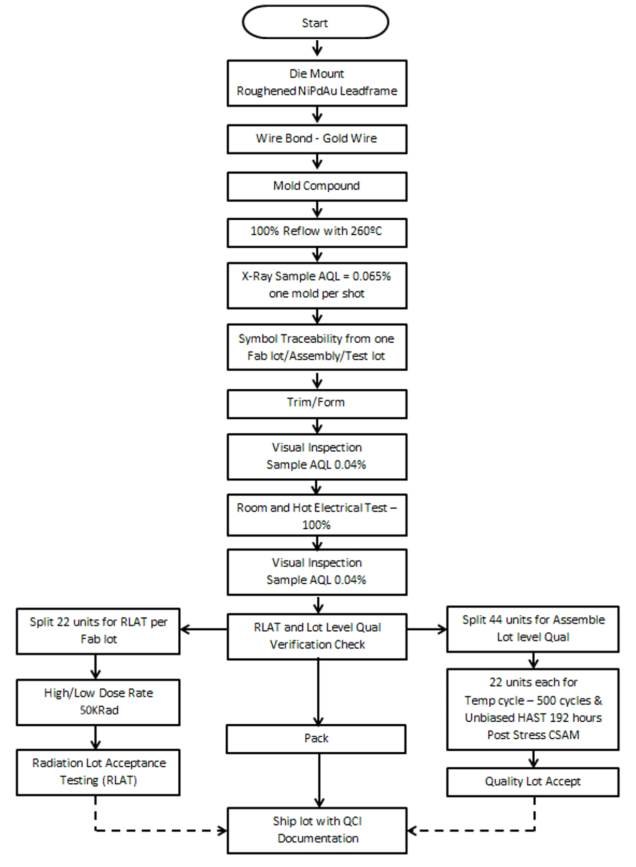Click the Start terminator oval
pyautogui.click(x=315, y=23)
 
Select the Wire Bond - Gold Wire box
pyautogui.click(x=317, y=139)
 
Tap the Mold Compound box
pyautogui.click(x=317, y=186)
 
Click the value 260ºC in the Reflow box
pyautogui.click(x=366, y=231)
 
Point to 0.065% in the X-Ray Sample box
pyautogui.click(x=371, y=277)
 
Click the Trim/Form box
pyautogui.click(x=317, y=403)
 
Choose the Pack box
pyautogui.click(x=316, y=738)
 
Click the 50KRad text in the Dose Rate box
pyautogui.click(x=99, y=710)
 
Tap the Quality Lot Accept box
pyautogui.click(x=533, y=782)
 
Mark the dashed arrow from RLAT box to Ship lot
pyautogui.click(x=155, y=831)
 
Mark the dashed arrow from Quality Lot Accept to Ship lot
pyautogui.click(x=475, y=831)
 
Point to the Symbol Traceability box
pyautogui.click(x=317, y=347)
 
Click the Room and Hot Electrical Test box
pyautogui.click(x=317, y=515)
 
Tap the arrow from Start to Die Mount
pyautogui.click(x=317, y=49)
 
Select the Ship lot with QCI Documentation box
pyautogui.click(x=317, y=830)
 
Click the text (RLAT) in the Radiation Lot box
pyautogui.click(x=121, y=780)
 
